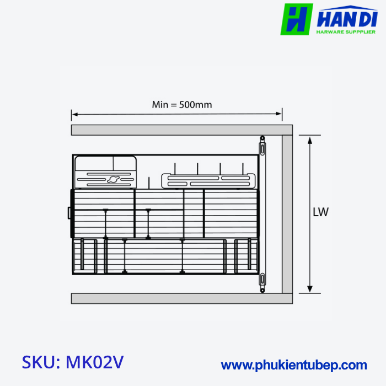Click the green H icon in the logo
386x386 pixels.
coord(297,19)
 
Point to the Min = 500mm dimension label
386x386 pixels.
coord(182,104)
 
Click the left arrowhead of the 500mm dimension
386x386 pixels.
coord(74,115)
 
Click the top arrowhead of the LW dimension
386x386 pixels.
coord(310,138)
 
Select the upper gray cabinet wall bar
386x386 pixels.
coord(176,131)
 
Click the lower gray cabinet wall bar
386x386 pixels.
coord(176,298)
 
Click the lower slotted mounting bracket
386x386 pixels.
coord(263,281)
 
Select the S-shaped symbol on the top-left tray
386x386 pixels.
coord(114,179)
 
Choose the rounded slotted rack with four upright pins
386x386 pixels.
coord(209,180)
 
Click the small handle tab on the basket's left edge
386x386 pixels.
coord(69,212)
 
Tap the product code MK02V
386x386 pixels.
coord(94,362)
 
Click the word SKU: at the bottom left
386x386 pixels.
coord(41,362)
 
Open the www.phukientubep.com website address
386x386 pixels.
coord(294,365)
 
